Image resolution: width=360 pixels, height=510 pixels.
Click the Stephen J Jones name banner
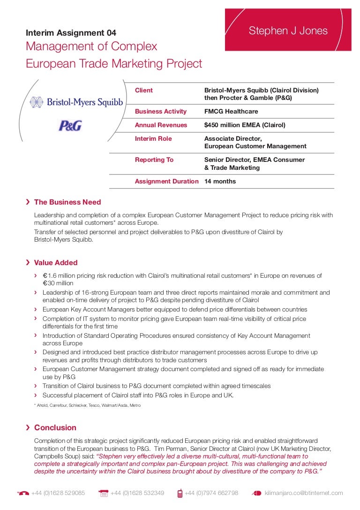point(288,31)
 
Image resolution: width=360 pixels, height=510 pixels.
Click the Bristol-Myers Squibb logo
point(76,102)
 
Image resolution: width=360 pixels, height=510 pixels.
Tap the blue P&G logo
point(70,125)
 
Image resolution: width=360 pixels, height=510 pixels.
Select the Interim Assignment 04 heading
point(71,33)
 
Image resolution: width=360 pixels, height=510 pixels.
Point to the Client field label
point(144,90)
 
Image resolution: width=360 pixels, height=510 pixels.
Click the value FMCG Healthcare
point(231,112)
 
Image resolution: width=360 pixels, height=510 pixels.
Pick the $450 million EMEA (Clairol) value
point(245,125)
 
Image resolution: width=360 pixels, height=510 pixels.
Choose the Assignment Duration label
point(166,182)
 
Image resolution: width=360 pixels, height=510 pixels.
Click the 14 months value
point(220,182)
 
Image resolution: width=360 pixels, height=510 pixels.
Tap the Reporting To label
point(154,160)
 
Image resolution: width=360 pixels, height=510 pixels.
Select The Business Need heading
point(67,202)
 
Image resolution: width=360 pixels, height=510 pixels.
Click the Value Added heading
point(56,263)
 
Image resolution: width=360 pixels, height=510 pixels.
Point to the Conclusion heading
point(55,428)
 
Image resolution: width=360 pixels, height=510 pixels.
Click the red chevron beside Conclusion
point(29,427)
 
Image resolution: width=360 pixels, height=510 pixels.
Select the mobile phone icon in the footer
point(180,493)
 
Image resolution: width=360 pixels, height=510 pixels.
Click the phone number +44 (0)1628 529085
point(58,493)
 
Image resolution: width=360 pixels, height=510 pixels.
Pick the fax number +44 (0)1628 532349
point(137,493)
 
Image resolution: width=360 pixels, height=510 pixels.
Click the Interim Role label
point(153,139)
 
